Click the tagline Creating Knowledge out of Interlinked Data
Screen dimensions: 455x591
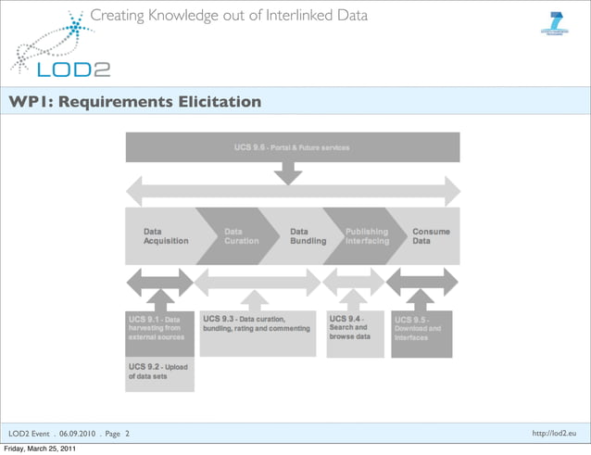tap(229, 15)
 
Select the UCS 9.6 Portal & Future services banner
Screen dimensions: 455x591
tap(292, 147)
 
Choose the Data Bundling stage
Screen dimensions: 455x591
tap(307, 235)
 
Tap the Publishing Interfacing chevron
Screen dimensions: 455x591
tap(367, 235)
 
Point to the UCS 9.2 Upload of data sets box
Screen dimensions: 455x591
tap(159, 373)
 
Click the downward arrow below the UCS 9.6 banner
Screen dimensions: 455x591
tap(289, 172)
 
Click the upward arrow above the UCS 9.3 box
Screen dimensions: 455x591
tap(253, 300)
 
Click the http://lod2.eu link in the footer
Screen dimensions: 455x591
tap(554, 433)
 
